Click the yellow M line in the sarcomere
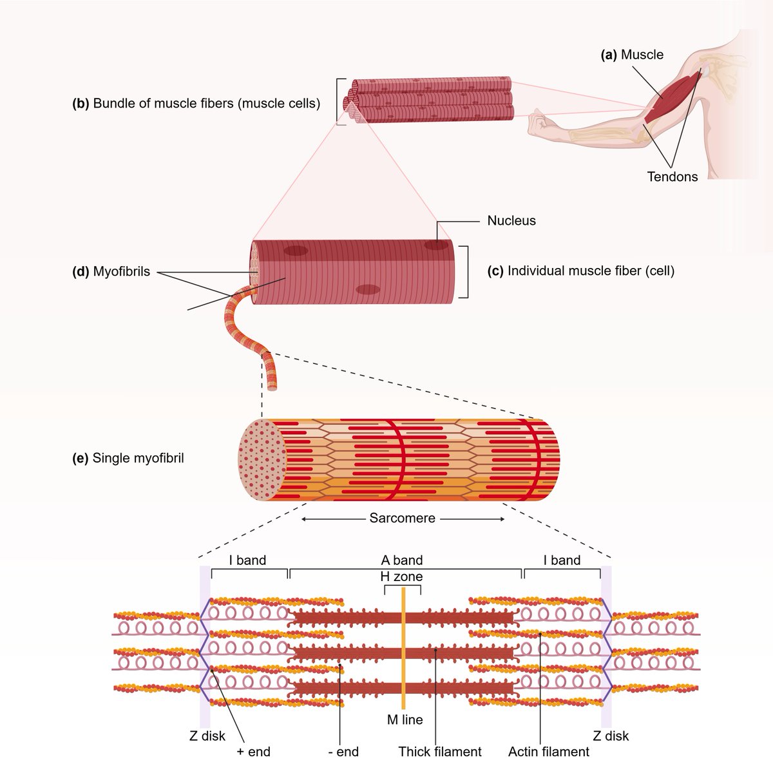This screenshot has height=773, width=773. [403, 648]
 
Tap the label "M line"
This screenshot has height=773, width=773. [405, 720]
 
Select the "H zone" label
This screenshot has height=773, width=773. [401, 577]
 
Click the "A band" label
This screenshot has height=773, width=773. [402, 560]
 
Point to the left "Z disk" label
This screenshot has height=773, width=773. [207, 736]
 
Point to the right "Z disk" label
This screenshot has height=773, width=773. [611, 736]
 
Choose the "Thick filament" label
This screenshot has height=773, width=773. [440, 752]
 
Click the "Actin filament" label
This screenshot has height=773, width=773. [549, 752]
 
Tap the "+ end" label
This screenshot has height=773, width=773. [254, 752]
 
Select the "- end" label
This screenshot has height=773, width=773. [343, 752]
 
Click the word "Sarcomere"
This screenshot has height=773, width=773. [403, 518]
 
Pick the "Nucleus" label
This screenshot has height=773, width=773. [511, 221]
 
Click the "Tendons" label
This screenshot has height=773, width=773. [673, 177]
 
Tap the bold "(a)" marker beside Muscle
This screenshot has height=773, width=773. [609, 55]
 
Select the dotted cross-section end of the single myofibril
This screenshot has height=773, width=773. [262, 460]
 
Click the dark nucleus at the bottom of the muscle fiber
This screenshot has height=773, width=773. [368, 289]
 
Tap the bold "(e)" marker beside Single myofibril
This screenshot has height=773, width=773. [81, 458]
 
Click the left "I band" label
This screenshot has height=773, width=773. [247, 560]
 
